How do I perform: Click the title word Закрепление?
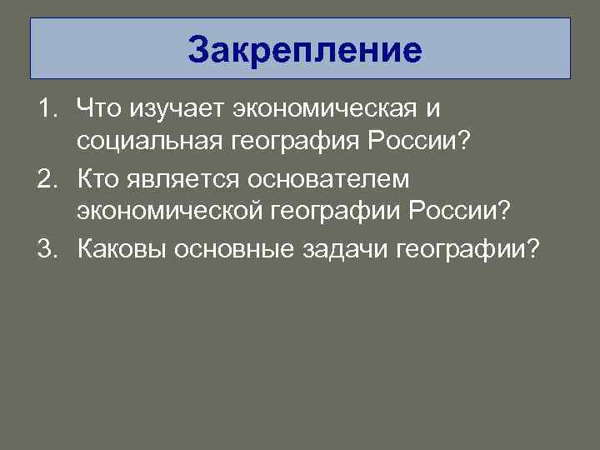tap(304, 50)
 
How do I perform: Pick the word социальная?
tap(147, 143)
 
